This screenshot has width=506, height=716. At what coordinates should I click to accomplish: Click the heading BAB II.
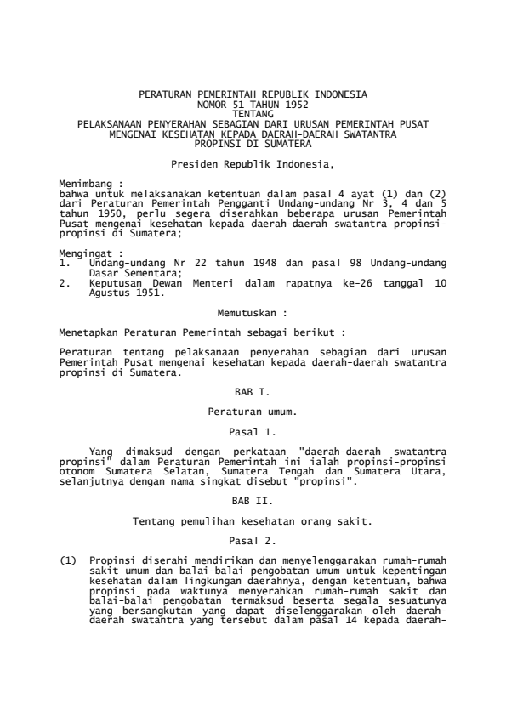(253, 501)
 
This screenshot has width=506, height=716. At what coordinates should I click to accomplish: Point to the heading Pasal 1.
(253, 433)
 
